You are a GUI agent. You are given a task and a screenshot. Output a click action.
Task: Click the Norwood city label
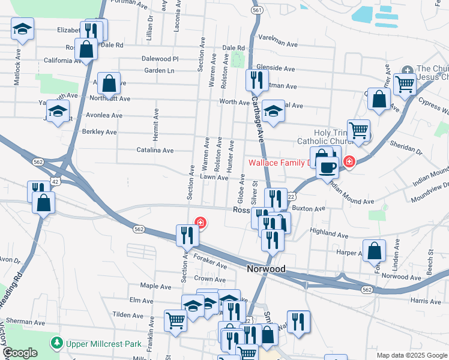266,269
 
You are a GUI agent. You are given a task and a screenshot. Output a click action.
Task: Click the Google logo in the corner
20,353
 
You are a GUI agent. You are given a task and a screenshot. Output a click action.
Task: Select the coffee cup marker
327,167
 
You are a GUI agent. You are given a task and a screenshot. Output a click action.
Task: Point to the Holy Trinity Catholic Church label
339,137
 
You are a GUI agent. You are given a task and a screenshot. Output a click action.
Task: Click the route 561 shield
257,11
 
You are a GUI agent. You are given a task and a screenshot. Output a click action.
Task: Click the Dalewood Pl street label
160,59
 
